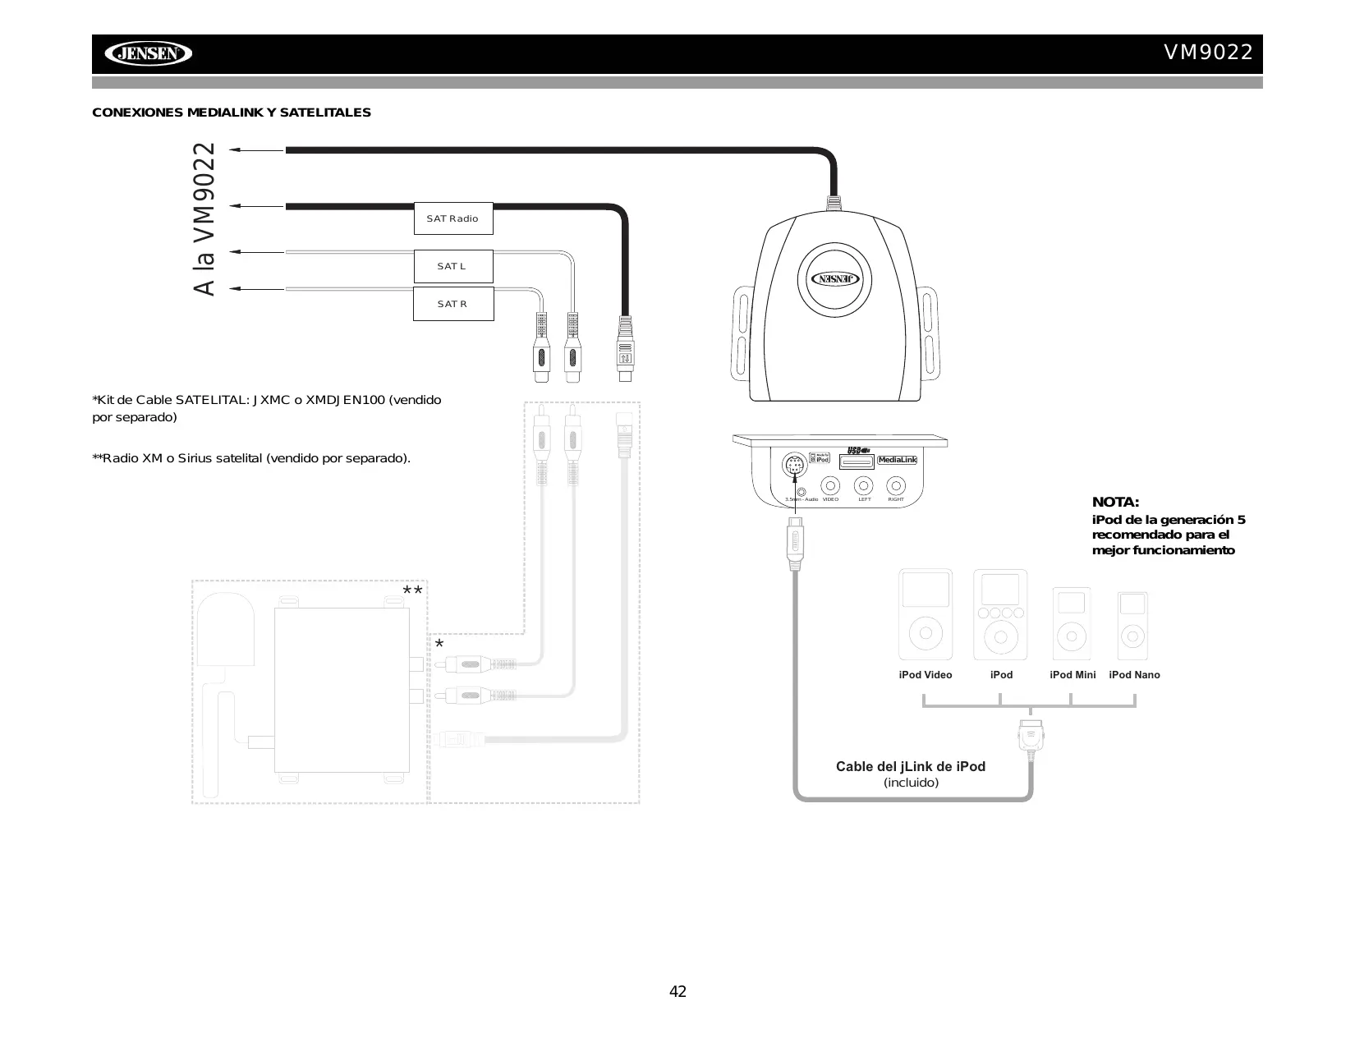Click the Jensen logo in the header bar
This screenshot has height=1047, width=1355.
point(148,54)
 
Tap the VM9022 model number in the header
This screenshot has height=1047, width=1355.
point(1208,53)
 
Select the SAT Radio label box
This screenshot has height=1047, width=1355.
point(452,218)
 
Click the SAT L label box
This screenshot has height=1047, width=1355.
point(452,266)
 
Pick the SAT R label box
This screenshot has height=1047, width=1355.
point(452,304)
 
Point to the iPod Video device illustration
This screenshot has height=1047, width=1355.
point(926,614)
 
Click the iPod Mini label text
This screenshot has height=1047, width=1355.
point(1073,675)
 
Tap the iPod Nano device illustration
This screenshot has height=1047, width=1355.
point(1132,625)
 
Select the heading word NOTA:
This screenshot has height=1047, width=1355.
point(1115,502)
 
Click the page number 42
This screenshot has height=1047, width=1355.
point(677,991)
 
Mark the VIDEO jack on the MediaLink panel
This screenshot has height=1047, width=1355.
point(830,485)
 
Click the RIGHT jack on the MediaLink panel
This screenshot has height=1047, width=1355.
point(896,485)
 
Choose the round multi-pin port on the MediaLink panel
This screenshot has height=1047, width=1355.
point(793,466)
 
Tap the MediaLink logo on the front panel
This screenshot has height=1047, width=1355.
point(897,460)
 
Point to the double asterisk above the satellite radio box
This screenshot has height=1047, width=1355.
point(412,592)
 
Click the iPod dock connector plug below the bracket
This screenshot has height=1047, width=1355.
point(1030,735)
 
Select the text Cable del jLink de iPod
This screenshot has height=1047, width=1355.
point(910,766)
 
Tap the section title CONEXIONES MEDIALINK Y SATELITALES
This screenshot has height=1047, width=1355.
point(232,113)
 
